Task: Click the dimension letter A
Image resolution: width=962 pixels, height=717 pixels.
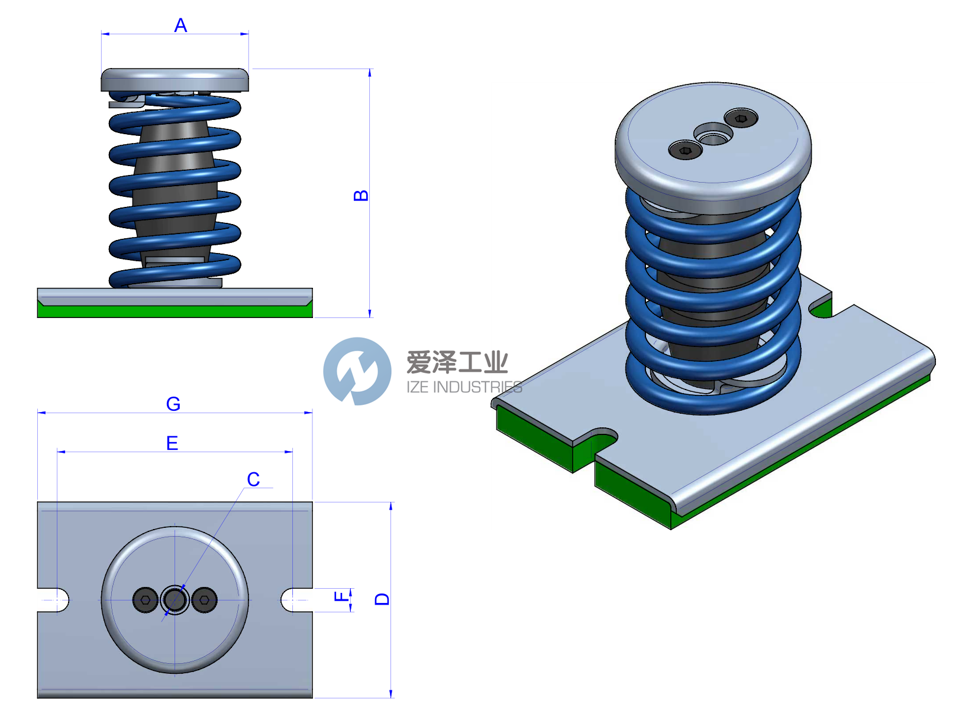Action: click(x=180, y=25)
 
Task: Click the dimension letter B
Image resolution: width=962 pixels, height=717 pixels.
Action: click(x=360, y=196)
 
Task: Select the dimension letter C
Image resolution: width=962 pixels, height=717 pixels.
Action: click(x=253, y=479)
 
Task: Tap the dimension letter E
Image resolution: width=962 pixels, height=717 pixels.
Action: click(x=172, y=443)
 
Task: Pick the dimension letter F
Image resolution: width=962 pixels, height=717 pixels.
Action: click(x=342, y=597)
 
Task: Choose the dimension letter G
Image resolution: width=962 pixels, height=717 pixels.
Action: click(x=173, y=404)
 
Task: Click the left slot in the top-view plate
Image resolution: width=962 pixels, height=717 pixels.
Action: click(x=54, y=600)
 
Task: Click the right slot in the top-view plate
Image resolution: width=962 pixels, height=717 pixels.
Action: click(x=296, y=600)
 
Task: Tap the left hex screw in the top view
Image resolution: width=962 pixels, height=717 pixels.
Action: click(x=145, y=600)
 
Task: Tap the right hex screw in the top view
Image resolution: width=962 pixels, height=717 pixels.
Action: click(x=205, y=600)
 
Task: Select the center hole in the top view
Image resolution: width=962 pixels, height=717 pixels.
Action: click(x=175, y=600)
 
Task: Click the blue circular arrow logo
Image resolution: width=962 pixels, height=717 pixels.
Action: click(x=357, y=371)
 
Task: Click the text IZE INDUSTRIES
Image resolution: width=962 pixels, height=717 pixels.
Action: click(x=464, y=387)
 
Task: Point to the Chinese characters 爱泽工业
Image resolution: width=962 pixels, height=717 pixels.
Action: click(x=457, y=362)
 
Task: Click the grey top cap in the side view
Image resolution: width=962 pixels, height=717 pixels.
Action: click(x=175, y=80)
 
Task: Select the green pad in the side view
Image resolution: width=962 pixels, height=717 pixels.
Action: click(x=175, y=311)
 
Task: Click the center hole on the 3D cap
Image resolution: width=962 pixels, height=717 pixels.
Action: click(x=713, y=135)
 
